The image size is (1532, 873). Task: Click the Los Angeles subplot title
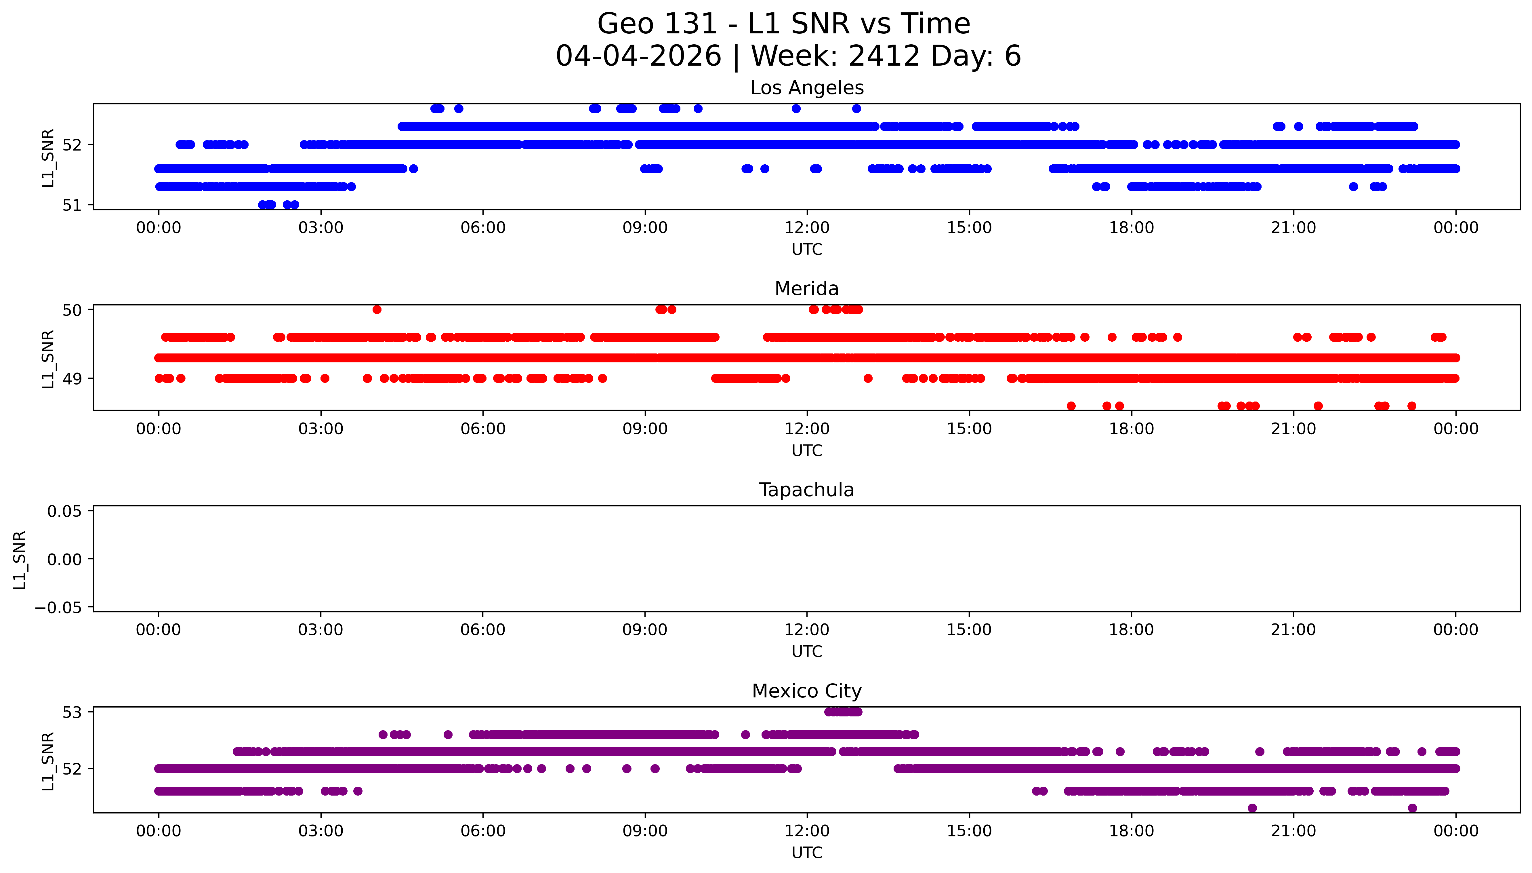[x=806, y=88]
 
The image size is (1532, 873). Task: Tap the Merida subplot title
[x=806, y=289]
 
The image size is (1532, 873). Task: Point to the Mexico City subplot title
[x=806, y=691]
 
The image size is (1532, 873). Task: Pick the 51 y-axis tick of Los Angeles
[x=71, y=205]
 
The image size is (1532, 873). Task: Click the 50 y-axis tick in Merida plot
[x=71, y=310]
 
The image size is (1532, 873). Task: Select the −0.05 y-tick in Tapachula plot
[x=58, y=608]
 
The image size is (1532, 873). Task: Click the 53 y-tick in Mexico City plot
[x=71, y=712]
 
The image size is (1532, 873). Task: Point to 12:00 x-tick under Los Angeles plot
[x=807, y=228]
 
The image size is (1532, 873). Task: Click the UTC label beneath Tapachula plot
[x=806, y=652]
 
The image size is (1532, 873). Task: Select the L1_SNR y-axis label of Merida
[x=48, y=359]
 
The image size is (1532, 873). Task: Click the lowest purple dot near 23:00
[x=1412, y=808]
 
